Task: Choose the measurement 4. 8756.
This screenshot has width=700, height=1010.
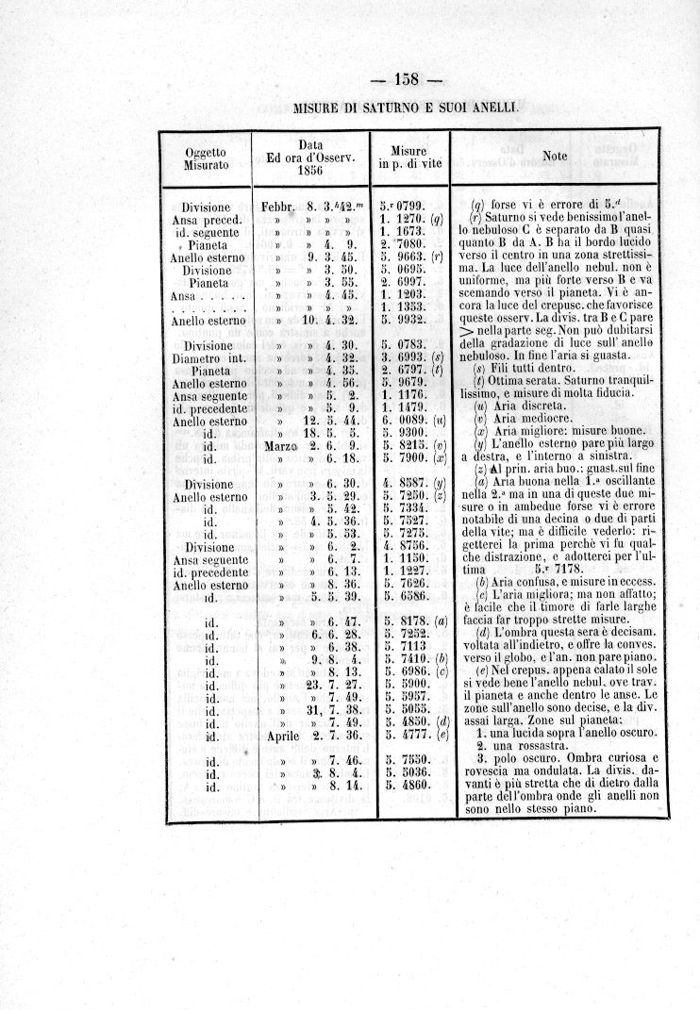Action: (x=405, y=545)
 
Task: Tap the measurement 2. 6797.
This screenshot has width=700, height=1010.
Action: (x=405, y=371)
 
